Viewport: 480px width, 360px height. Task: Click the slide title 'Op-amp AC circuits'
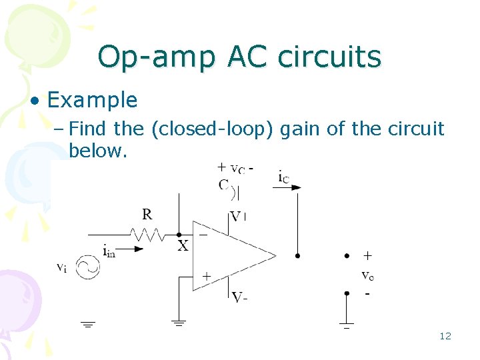pyautogui.click(x=239, y=57)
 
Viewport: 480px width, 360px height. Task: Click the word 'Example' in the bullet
pyautogui.click(x=92, y=101)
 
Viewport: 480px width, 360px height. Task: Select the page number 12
pyautogui.click(x=445, y=336)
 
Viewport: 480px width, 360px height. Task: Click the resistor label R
pyautogui.click(x=147, y=215)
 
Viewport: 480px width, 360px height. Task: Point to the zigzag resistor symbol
pyautogui.click(x=147, y=234)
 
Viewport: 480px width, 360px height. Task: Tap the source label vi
pyautogui.click(x=61, y=267)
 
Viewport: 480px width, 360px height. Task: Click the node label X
pyautogui.click(x=183, y=246)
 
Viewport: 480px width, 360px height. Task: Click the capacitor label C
pyautogui.click(x=223, y=185)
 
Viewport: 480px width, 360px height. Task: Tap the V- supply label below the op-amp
pyautogui.click(x=239, y=297)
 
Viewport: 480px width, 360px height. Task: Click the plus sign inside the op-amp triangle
pyautogui.click(x=207, y=275)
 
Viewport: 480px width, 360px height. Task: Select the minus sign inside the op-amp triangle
pyautogui.click(x=203, y=234)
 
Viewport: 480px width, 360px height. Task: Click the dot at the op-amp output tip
pyautogui.click(x=297, y=255)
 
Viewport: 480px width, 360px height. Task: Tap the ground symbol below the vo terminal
pyautogui.click(x=347, y=326)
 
